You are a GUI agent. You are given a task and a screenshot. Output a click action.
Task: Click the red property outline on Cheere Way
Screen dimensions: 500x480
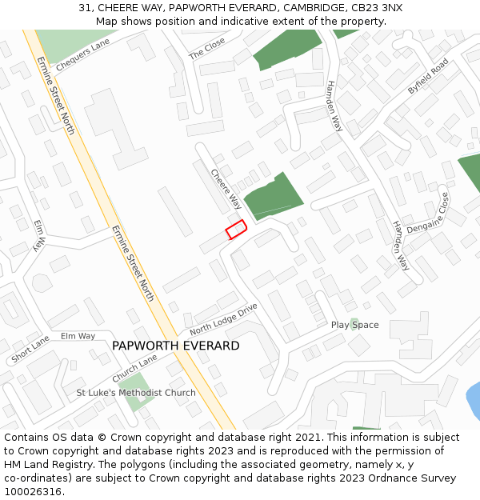click(x=236, y=230)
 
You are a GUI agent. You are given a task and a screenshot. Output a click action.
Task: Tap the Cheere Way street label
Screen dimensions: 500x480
click(x=226, y=189)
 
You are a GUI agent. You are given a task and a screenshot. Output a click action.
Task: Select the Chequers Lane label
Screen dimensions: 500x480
click(x=82, y=55)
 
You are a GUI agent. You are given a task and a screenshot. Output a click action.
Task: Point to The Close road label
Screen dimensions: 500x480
click(x=206, y=49)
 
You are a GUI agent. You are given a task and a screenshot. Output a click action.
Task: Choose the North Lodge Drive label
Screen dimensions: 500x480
click(x=224, y=319)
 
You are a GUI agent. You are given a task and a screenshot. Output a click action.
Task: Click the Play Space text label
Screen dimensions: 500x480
click(x=354, y=325)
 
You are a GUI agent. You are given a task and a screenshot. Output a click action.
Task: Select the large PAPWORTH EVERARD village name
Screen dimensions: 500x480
click(x=175, y=346)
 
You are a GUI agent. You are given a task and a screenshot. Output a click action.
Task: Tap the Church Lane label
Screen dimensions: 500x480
click(x=134, y=368)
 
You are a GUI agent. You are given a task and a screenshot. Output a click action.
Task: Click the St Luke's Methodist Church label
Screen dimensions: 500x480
click(x=136, y=393)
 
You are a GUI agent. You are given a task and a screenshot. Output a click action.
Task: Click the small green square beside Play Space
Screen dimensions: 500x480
click(x=354, y=322)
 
